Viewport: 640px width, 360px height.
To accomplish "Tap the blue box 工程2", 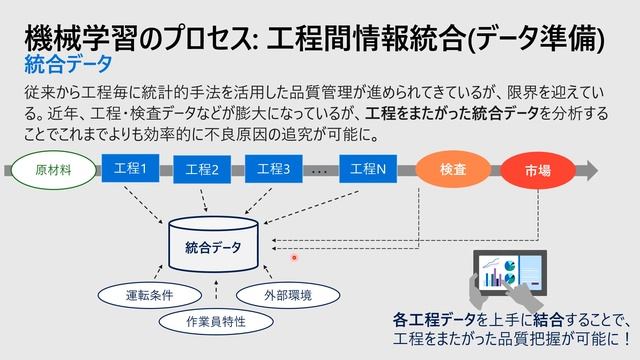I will [x=201, y=170].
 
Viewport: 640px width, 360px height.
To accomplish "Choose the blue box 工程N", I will [x=368, y=169].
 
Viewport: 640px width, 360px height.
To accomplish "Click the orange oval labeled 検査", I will [x=453, y=169].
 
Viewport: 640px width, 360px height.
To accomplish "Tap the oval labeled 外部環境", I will [x=287, y=295].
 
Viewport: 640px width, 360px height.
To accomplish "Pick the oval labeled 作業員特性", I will [x=216, y=321].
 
